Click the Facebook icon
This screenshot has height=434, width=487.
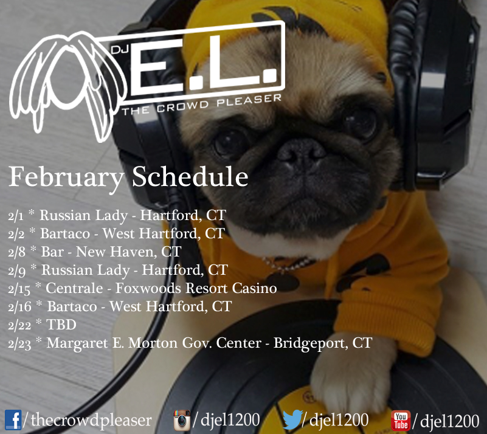coord(13,420)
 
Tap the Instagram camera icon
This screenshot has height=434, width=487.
coord(182,420)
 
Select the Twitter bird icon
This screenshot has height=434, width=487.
coord(292,419)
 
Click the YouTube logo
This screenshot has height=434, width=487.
coord(401,421)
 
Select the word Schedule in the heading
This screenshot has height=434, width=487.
coord(190,176)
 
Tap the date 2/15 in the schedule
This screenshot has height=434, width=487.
coord(19,289)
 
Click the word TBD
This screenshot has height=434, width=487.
coord(61,325)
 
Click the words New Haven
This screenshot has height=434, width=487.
coord(117,252)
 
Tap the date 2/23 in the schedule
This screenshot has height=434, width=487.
coord(19,344)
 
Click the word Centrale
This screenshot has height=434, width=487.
coord(74,288)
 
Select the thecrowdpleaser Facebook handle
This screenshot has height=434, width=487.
coord(91,421)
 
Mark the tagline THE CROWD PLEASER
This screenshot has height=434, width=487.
coord(202,105)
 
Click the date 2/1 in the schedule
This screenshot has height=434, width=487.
coord(16,216)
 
